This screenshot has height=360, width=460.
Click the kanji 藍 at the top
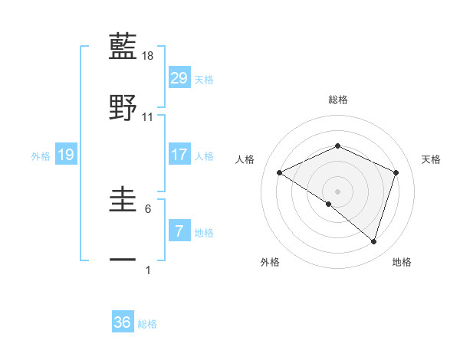pyautogui.click(x=123, y=47)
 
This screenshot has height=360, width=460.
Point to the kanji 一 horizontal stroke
pyautogui.click(x=123, y=260)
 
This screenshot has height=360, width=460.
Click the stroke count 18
pyautogui.click(x=149, y=56)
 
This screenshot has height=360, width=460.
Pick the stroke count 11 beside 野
pyautogui.click(x=148, y=116)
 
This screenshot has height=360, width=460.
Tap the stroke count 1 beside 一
pyautogui.click(x=148, y=270)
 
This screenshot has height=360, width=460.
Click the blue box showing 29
pyautogui.click(x=179, y=77)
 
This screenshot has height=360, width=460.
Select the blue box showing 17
pyautogui.click(x=179, y=155)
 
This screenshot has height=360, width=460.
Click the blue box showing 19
pyautogui.click(x=66, y=155)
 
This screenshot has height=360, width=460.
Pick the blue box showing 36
pyautogui.click(x=123, y=322)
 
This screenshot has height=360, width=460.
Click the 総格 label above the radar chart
pyautogui.click(x=337, y=100)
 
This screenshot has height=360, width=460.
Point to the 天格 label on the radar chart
pyautogui.click(x=431, y=159)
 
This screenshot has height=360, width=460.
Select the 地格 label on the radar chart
pyautogui.click(x=402, y=262)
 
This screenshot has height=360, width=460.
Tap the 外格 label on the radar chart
pyautogui.click(x=270, y=262)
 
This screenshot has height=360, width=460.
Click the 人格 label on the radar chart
pyautogui.click(x=245, y=159)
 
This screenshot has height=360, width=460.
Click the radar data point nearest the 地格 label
pyautogui.click(x=373, y=242)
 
